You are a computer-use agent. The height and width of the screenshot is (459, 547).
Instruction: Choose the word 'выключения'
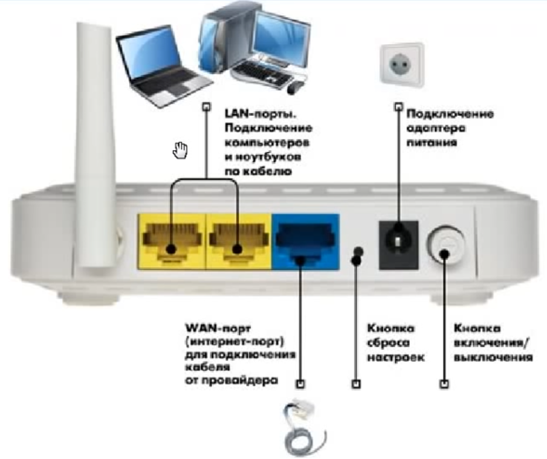(x=493, y=357)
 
